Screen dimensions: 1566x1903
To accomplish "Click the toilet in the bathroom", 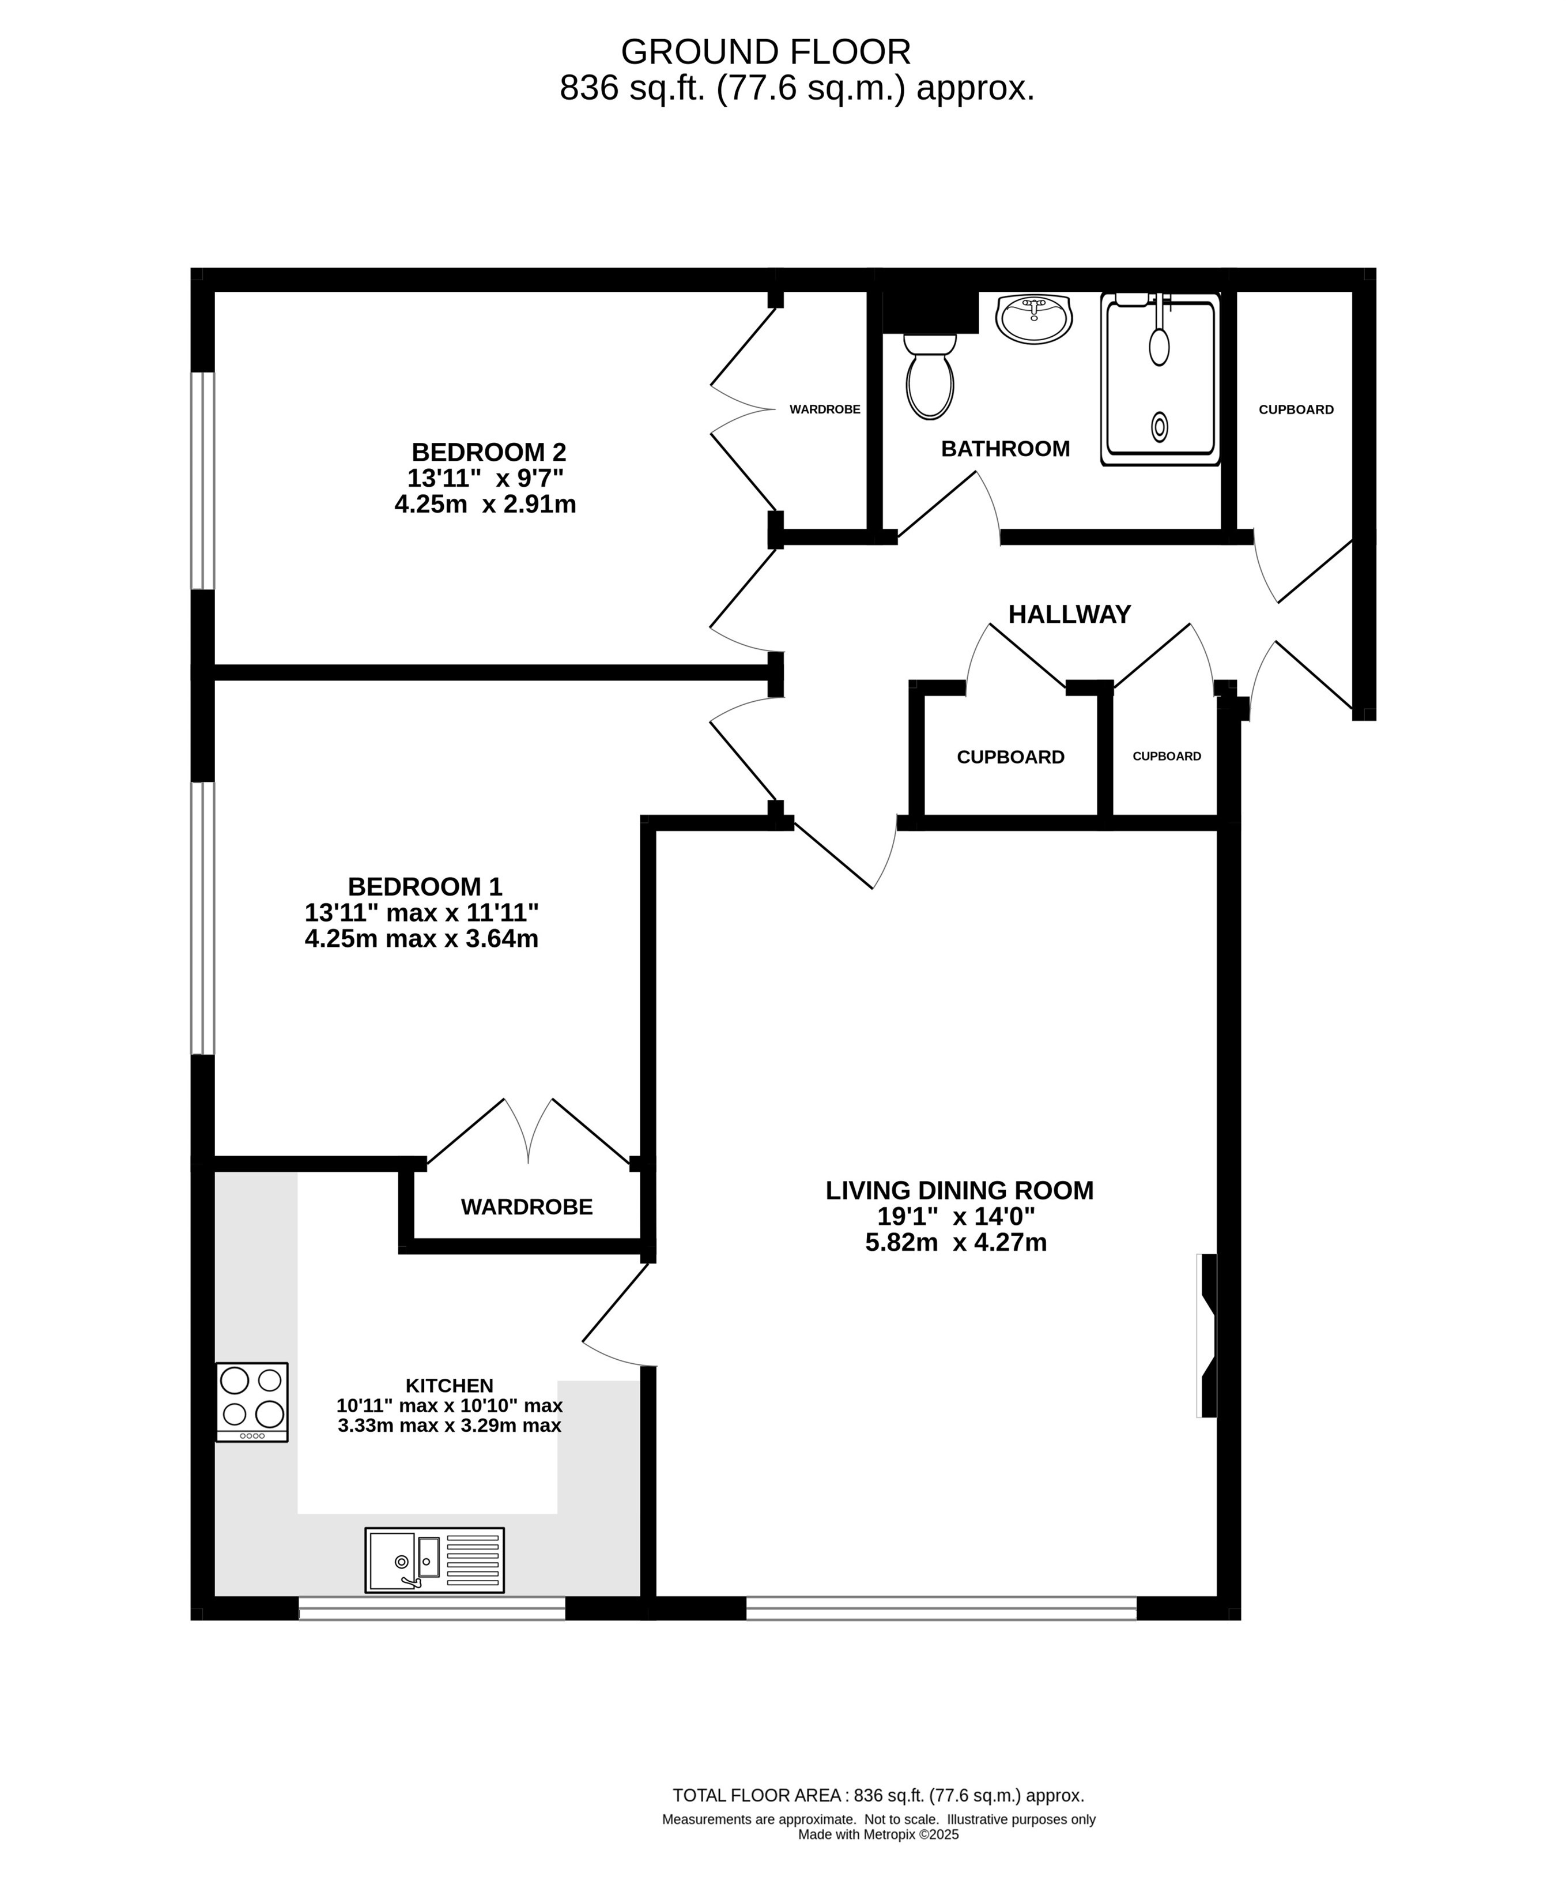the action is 930,376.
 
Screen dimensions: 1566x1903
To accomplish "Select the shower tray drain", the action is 1160,426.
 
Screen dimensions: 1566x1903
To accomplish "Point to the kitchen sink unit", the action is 434,1560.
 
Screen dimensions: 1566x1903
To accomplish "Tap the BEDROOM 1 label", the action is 425,886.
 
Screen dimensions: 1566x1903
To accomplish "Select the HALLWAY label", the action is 1069,615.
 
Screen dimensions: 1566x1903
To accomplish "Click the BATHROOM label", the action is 1005,449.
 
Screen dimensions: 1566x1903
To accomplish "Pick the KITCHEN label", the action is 449,1385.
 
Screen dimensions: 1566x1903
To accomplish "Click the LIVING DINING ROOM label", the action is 959,1190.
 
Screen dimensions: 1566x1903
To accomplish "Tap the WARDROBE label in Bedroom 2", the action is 824,409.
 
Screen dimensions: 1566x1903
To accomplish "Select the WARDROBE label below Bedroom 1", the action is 527,1206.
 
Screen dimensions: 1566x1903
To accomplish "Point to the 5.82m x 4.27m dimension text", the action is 956,1243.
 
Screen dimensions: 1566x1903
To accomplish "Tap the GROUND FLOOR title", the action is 766,52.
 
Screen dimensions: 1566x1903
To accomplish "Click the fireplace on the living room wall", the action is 1206,1336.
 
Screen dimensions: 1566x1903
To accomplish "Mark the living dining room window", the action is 941,1608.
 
